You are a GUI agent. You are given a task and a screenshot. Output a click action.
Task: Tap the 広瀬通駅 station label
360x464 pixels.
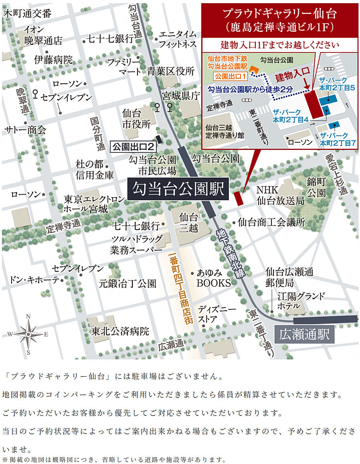305,334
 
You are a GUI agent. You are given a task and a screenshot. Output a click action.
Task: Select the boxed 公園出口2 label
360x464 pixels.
133,146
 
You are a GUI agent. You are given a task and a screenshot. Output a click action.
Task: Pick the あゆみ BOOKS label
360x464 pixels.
213,278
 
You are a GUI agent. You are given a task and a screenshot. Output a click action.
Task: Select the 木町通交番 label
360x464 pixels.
27,14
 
